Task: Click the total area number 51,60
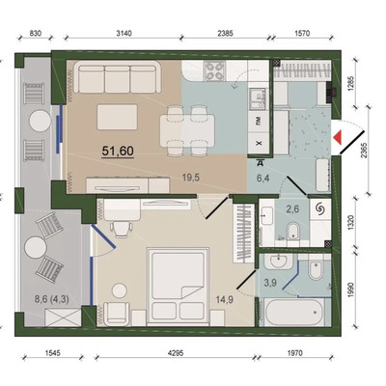coord(118,151)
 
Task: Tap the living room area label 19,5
coord(191,178)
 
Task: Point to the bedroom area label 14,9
coord(225,300)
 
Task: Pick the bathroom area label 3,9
coord(270,283)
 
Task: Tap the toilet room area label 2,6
coord(292,208)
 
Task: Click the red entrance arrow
coord(337,137)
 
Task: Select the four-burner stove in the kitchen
coord(215,71)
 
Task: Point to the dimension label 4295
coord(176,353)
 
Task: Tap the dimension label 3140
coord(124,34)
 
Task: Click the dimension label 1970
coord(294,353)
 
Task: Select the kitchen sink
coord(257,98)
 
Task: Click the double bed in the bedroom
coord(178,287)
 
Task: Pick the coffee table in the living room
coord(118,117)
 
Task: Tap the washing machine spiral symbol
coord(320,209)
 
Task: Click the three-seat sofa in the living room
coord(118,77)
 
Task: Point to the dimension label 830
coord(35,34)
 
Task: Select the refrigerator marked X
coord(259,143)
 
